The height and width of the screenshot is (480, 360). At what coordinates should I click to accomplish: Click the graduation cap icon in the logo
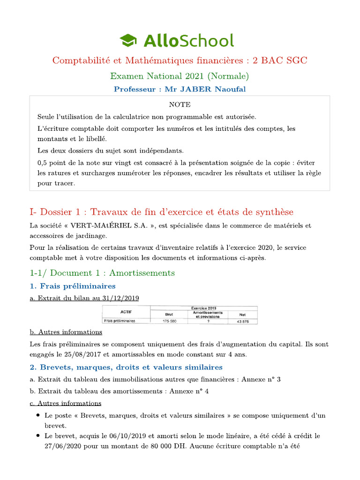click(127, 40)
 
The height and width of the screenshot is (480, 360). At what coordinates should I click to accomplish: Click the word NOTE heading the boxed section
click(180, 105)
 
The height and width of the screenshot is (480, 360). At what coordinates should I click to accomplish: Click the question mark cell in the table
click(208, 321)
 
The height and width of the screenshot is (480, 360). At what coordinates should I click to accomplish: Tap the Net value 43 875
click(242, 321)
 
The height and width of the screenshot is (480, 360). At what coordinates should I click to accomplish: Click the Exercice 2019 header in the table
click(203, 308)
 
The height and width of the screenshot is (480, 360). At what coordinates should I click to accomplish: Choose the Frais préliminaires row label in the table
click(119, 321)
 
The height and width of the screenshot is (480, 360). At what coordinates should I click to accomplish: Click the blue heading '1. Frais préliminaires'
click(73, 286)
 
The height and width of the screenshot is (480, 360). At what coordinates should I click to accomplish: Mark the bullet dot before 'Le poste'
click(37, 416)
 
